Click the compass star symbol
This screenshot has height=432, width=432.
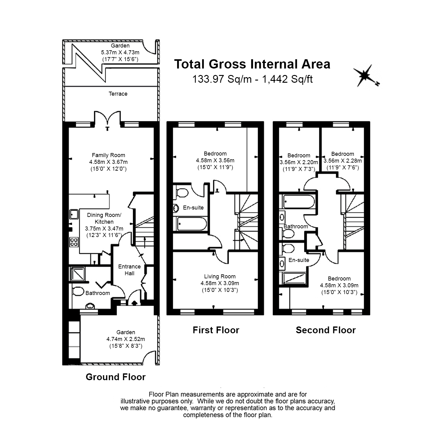tap(365, 76)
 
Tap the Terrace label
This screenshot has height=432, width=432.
tap(118, 94)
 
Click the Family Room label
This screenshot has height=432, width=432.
tap(108, 155)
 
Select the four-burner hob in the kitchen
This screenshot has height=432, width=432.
tap(74, 242)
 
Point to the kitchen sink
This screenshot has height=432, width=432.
tap(74, 214)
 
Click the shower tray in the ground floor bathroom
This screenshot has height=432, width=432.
tap(77, 274)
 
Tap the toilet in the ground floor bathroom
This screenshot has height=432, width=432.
tap(78, 291)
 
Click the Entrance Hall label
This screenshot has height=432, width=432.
tap(129, 270)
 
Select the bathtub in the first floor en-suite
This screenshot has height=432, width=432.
tap(192, 224)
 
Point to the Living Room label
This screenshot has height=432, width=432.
tap(220, 276)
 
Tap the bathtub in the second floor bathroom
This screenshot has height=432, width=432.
tap(299, 201)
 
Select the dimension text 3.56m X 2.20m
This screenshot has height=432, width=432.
tap(299, 162)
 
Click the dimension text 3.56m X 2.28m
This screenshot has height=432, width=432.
tap(343, 161)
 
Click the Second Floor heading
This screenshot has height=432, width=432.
tap(326, 330)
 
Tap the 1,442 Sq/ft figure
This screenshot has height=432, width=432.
tap(287, 79)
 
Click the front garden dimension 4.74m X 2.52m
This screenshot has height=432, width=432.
tap(126, 339)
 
